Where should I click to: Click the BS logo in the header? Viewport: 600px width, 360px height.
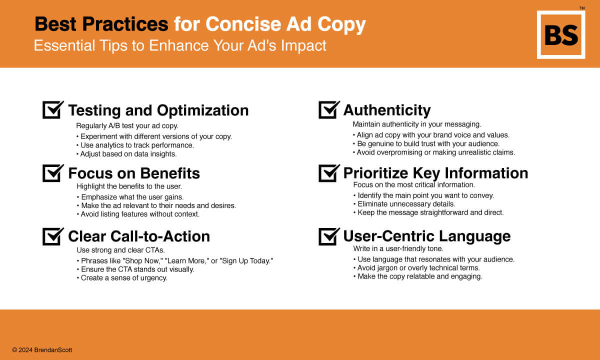(561, 35)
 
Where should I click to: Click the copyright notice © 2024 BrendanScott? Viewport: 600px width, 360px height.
(42, 350)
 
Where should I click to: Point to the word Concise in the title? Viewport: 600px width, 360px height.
(243, 24)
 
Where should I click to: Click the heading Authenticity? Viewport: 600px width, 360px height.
(387, 110)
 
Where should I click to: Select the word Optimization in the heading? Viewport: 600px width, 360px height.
(203, 110)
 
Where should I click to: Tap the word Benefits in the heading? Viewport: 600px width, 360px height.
(170, 173)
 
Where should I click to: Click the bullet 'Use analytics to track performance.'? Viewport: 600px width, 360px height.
(135, 145)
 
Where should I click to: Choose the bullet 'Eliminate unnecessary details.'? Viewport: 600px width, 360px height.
(404, 204)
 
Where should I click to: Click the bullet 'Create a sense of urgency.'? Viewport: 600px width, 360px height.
(122, 278)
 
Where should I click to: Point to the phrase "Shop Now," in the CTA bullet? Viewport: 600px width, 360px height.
(142, 260)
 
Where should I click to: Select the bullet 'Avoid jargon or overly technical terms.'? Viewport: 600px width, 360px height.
(416, 268)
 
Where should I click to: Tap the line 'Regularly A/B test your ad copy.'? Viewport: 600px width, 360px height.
(127, 126)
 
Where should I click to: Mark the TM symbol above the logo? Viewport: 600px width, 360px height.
(582, 8)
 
